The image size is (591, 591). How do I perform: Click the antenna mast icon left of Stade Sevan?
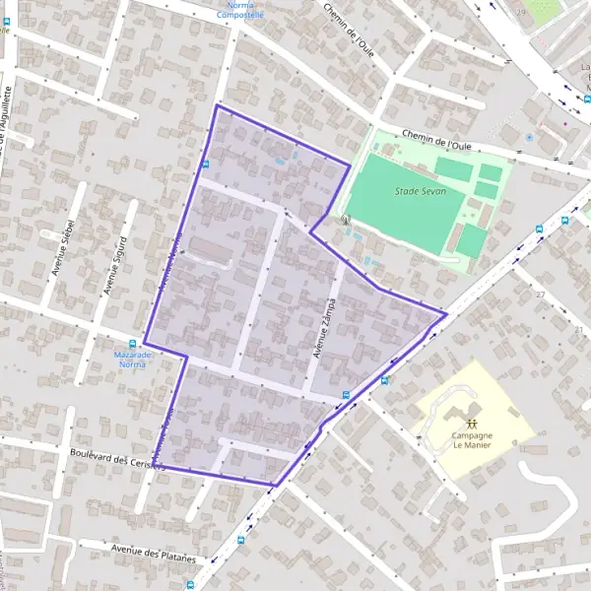(x=344, y=220)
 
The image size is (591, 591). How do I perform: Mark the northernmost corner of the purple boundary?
(x=216, y=104)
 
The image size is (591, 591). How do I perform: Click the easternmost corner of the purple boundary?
(x=447, y=314)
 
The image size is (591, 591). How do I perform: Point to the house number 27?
(x=540, y=295)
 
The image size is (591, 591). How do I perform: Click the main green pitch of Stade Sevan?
(x=404, y=193)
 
